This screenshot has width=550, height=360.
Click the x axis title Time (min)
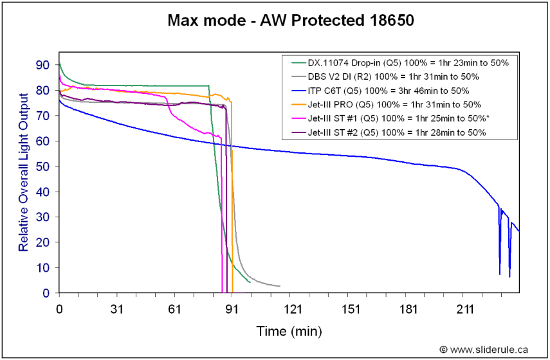click(289, 331)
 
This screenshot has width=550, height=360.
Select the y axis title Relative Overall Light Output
click(23, 172)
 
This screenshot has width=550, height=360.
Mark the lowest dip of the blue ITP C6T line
click(509, 276)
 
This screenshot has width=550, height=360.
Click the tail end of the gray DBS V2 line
click(279, 285)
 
